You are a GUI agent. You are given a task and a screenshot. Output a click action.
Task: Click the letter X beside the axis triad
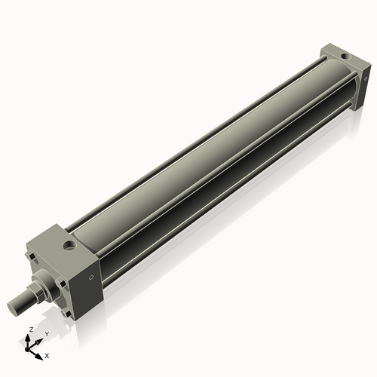(x=47, y=354)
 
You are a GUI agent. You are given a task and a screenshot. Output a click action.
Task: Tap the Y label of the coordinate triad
(x=47, y=333)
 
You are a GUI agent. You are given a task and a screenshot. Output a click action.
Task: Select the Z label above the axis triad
(x=30, y=329)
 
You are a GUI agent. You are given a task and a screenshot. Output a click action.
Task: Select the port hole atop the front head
(x=70, y=245)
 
